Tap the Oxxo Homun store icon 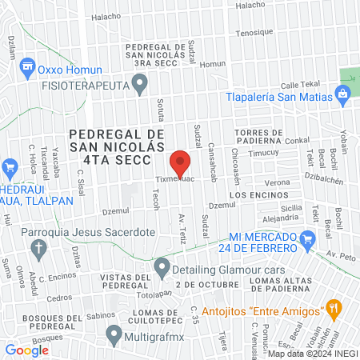point(29,65)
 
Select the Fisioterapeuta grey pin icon point(142,82)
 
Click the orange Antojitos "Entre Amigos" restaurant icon point(334,308)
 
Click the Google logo point(26,350)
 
